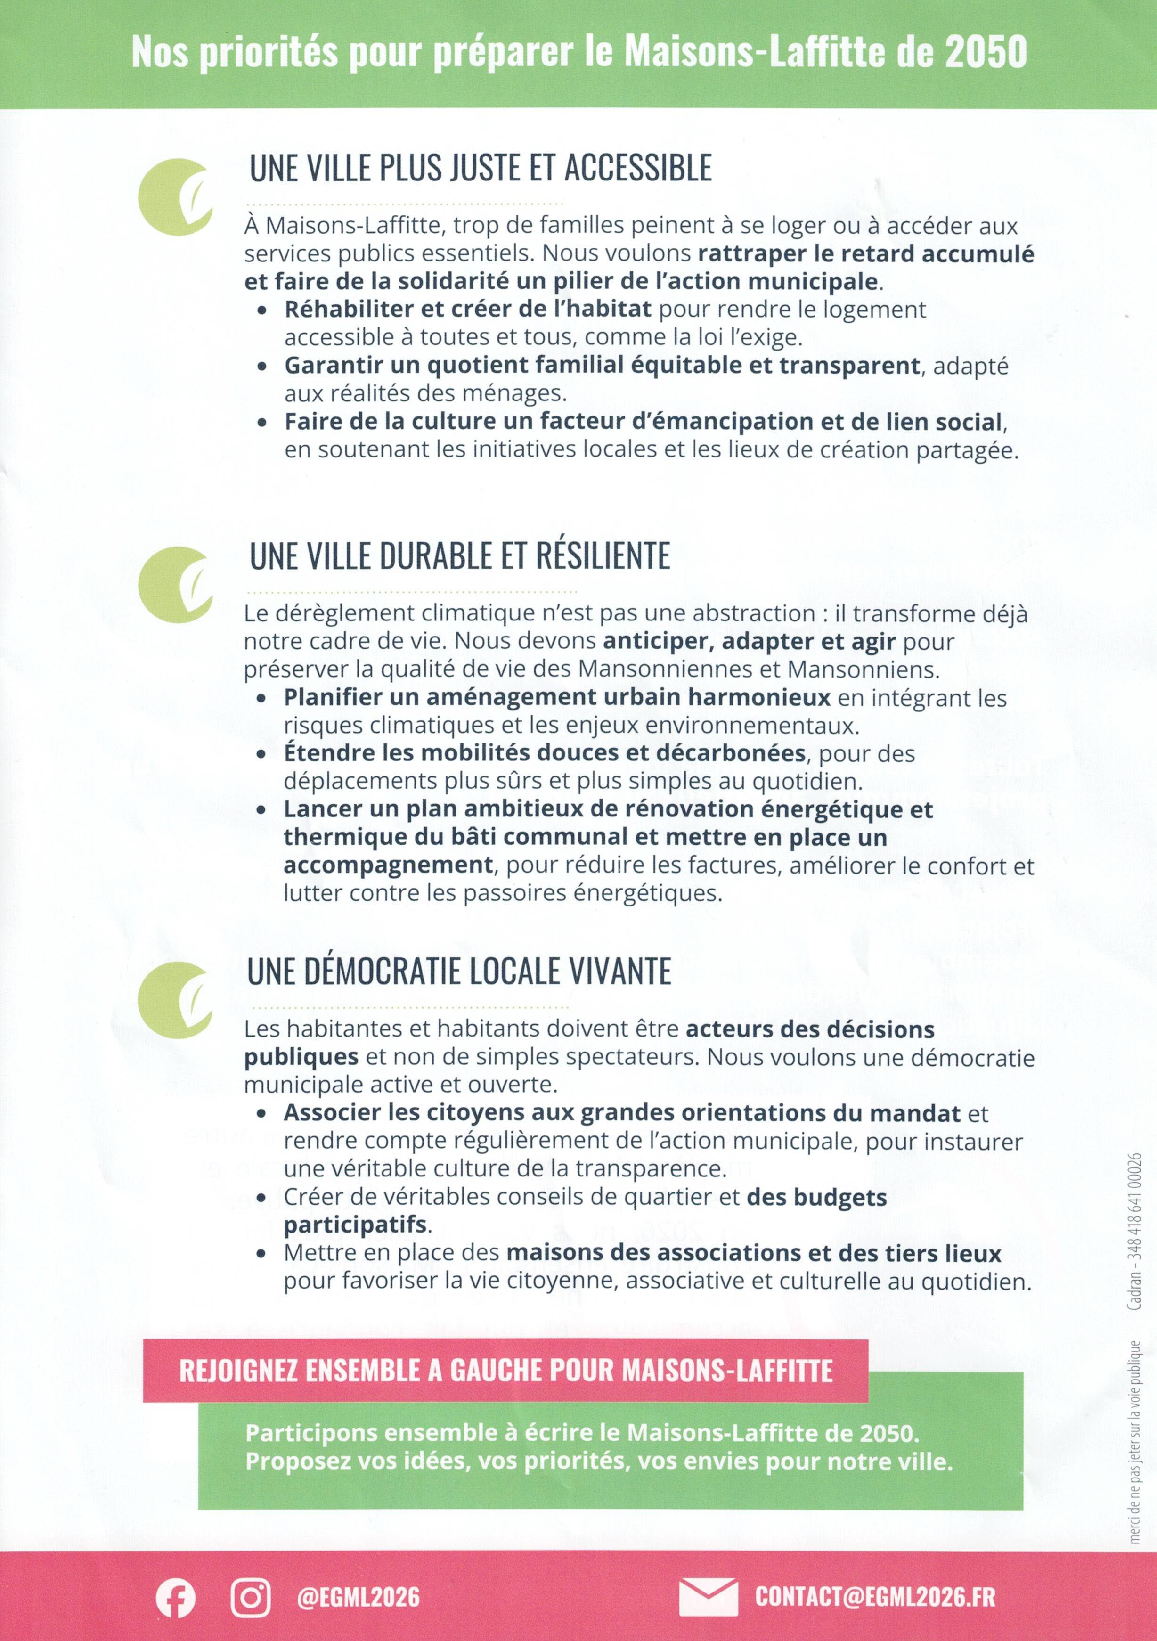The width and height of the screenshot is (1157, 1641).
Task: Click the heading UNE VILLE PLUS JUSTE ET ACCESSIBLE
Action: tap(480, 168)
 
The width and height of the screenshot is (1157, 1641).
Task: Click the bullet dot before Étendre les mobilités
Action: tap(262, 754)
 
